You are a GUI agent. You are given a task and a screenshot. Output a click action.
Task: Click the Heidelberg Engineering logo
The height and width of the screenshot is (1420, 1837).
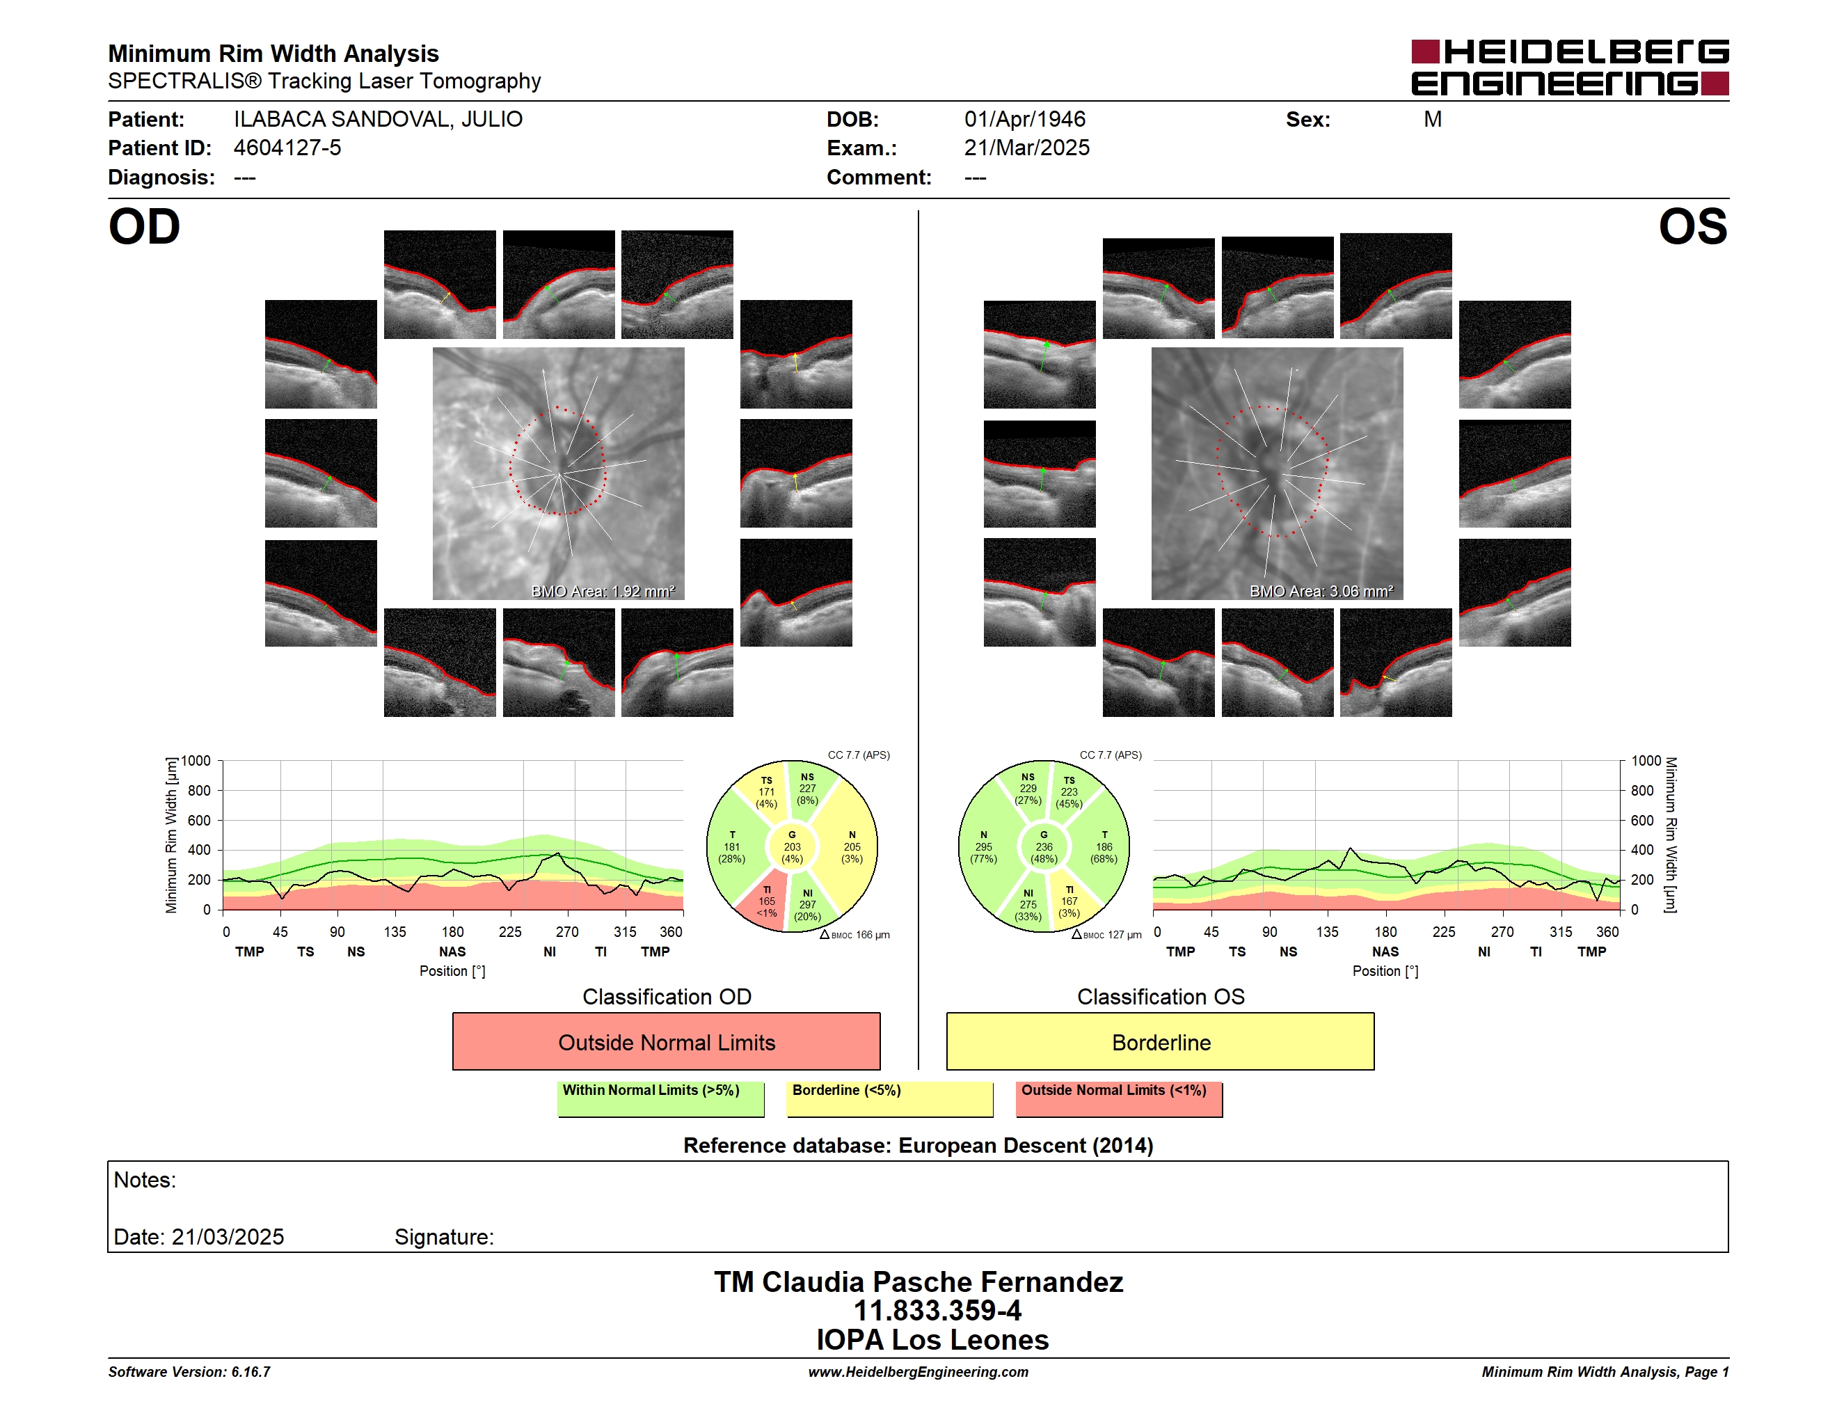tap(1570, 68)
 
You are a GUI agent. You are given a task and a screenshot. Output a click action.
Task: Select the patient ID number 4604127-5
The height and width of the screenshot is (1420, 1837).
tap(287, 148)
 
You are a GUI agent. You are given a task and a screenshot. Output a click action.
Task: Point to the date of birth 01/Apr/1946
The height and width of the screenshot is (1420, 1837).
tap(1024, 120)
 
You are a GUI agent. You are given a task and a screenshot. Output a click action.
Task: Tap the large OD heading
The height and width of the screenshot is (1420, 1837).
tap(145, 227)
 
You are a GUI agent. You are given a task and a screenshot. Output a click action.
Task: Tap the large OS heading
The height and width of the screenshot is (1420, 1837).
tap(1692, 227)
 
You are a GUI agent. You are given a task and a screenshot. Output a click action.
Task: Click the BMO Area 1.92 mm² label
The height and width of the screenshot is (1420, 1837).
tap(603, 592)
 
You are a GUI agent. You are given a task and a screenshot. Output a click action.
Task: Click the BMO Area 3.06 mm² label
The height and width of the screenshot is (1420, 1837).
tap(1321, 592)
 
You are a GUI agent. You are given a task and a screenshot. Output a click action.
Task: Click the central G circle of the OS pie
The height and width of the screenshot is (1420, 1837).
tap(1044, 847)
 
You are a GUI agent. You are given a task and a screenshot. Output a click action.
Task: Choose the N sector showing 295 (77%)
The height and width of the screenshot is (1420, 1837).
tap(984, 847)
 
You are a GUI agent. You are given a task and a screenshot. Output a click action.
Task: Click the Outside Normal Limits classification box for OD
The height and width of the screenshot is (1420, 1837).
tap(666, 1041)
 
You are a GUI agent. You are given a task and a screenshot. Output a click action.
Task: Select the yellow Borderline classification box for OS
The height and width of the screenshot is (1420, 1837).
tap(1161, 1041)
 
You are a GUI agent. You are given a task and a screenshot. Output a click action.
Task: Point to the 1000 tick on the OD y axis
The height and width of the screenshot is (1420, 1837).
tap(196, 761)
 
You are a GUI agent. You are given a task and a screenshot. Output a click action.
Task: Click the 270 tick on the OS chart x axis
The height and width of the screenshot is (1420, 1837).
tap(1502, 932)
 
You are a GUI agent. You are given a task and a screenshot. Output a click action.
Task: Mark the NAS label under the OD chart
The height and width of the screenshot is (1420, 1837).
tap(452, 952)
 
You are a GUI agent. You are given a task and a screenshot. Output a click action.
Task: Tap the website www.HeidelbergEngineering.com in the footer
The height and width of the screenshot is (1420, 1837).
tap(918, 1372)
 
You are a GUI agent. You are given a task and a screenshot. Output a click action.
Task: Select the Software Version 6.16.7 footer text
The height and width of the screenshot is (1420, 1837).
tap(189, 1372)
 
